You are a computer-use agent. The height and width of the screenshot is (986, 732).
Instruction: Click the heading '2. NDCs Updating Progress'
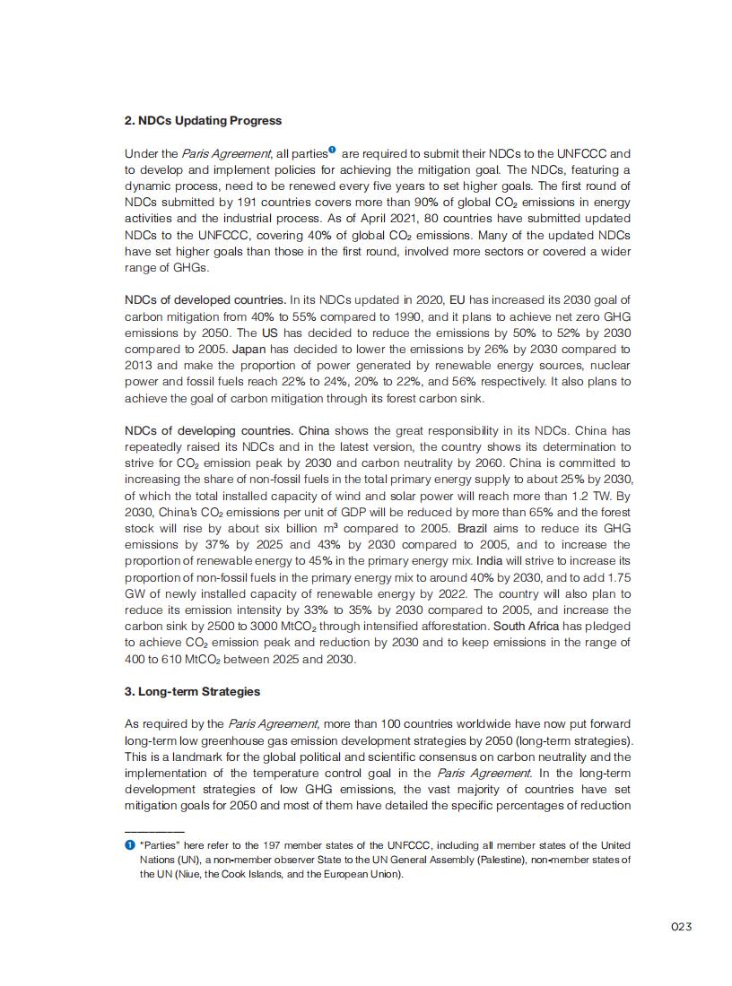click(203, 121)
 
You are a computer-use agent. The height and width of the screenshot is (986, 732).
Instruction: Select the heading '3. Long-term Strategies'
click(192, 691)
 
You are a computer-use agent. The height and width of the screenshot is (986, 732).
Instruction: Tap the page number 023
click(681, 927)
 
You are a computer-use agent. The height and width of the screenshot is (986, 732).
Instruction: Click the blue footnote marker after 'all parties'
click(332, 150)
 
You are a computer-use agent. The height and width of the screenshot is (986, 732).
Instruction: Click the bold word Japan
click(248, 349)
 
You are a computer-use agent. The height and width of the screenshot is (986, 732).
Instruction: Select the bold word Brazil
click(472, 528)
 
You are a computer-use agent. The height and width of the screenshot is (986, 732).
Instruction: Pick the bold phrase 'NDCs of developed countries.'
click(205, 299)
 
